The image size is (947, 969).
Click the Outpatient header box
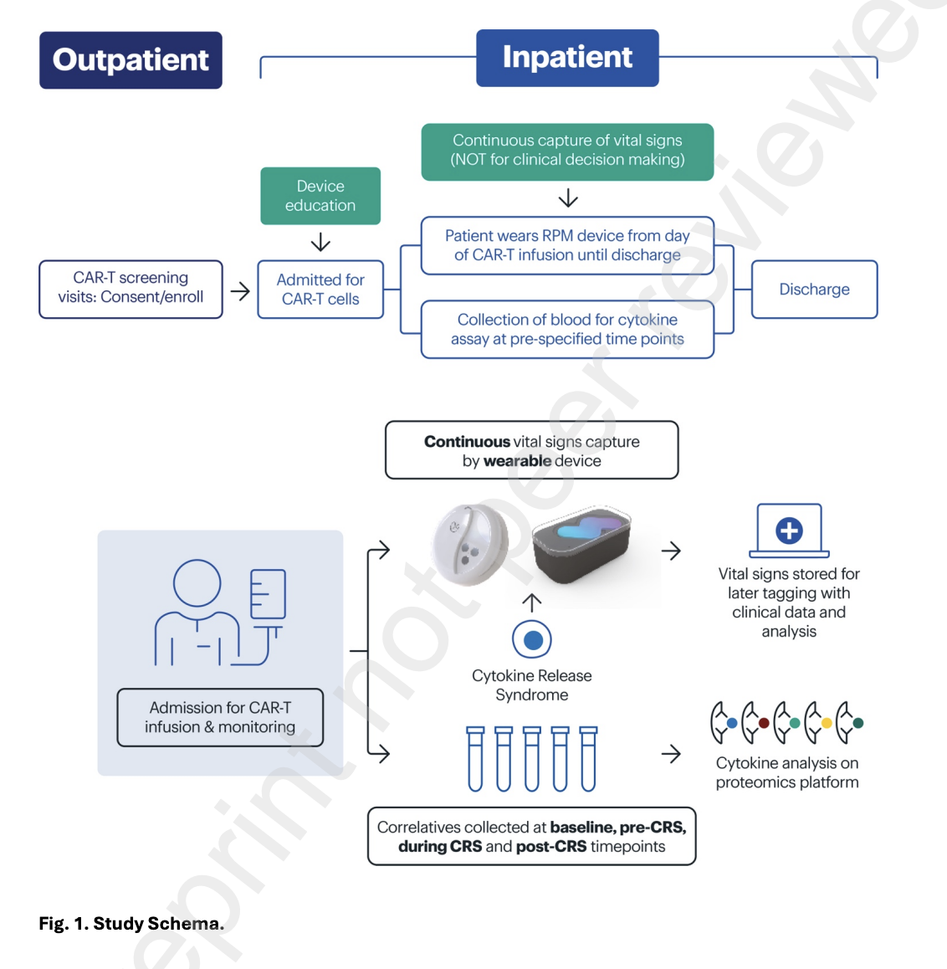point(131,60)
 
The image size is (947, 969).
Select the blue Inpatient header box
point(567,58)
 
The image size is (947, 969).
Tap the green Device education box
point(320,195)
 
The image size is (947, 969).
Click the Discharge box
point(814,290)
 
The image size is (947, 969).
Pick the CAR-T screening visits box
point(131,290)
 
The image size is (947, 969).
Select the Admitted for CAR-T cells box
point(320,290)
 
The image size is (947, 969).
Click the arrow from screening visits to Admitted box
point(240,291)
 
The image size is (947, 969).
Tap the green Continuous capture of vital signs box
point(567,152)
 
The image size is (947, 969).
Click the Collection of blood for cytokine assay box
point(567,330)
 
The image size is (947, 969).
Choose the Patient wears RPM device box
point(567,245)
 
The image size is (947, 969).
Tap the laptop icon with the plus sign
point(789,531)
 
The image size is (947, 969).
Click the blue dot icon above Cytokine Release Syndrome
point(532,640)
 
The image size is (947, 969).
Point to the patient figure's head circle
point(197,583)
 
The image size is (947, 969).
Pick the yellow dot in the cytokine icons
point(827,723)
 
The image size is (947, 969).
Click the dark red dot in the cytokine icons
point(764,723)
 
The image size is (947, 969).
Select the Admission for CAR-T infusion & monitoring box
point(220,717)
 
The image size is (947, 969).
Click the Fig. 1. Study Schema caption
point(131,923)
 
